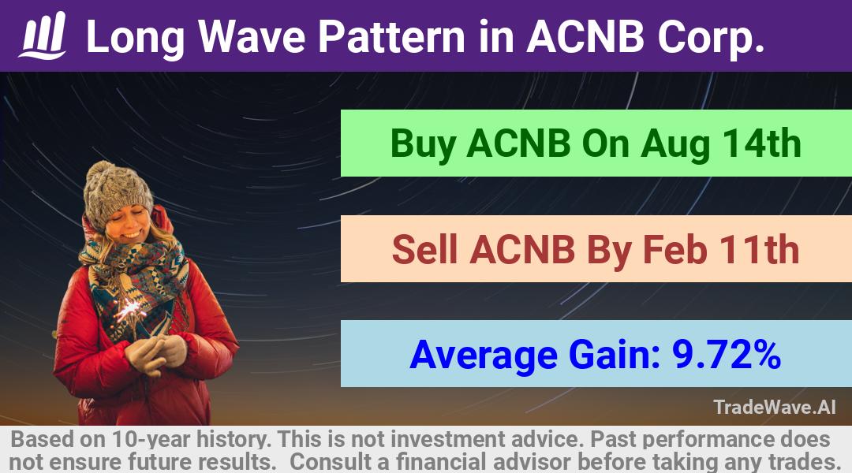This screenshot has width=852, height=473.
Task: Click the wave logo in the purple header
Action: pos(43,35)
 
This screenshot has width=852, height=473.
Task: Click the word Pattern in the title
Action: pos(391,37)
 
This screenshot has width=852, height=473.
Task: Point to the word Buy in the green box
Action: pos(423,145)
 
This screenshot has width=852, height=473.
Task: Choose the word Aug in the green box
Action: pos(674,145)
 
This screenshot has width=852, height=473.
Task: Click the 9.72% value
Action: pos(727,355)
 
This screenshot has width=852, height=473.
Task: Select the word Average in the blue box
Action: pos(483,356)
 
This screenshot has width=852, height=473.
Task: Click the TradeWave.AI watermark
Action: pos(775,407)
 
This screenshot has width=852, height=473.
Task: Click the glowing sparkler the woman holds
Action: pos(130,310)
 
